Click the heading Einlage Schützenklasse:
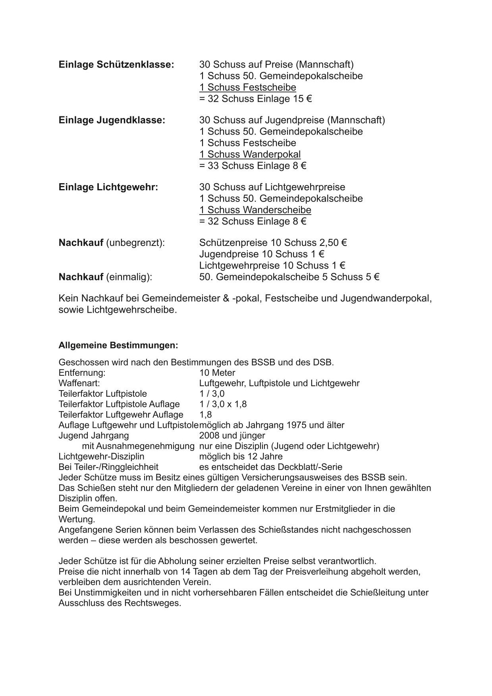coord(116,64)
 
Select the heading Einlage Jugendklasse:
coord(112,120)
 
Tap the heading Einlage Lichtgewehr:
coord(108,187)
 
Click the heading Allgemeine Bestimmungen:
coord(118,345)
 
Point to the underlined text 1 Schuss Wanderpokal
coord(250,155)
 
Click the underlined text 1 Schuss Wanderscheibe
coord(255,210)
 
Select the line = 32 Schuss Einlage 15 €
coord(255,99)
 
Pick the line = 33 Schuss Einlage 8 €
coord(253,166)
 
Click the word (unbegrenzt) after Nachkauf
coord(135,243)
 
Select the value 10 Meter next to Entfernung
coord(217,373)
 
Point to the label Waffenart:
coord(79,383)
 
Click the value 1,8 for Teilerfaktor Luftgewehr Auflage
coord(206,415)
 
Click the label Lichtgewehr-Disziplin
coord(101,456)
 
